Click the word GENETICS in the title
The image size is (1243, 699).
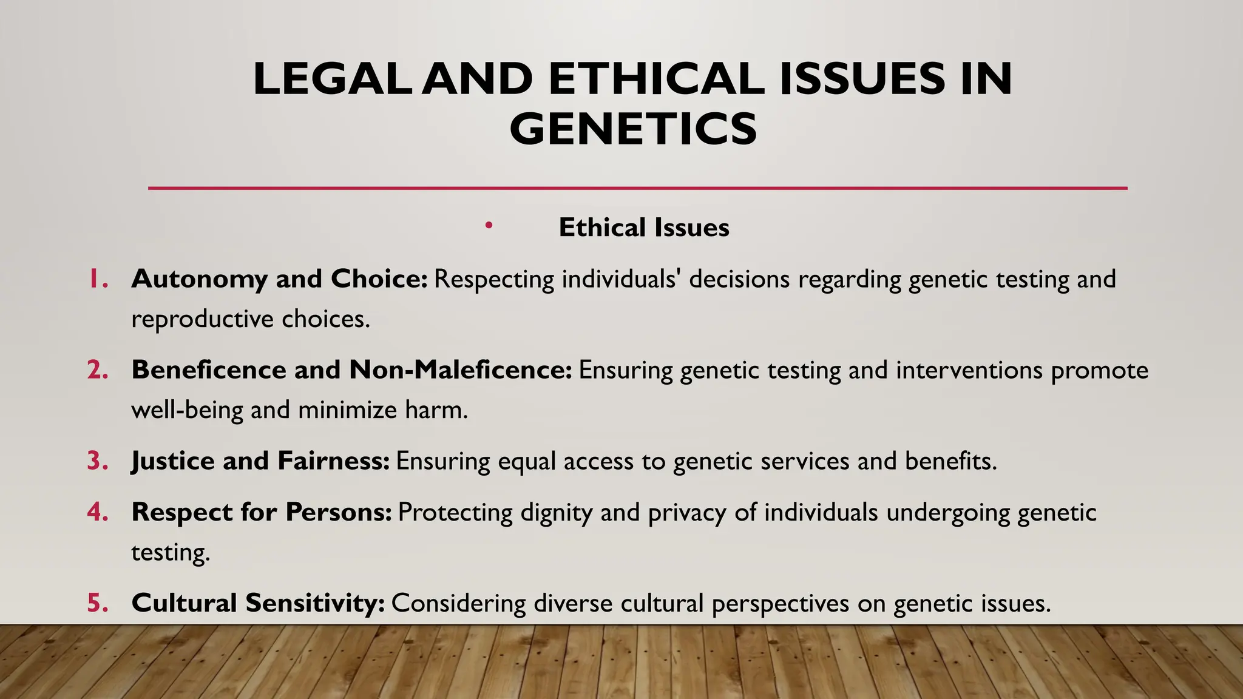click(633, 129)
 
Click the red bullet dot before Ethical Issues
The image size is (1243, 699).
click(489, 226)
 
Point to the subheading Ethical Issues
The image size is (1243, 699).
click(643, 228)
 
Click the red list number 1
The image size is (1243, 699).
click(97, 279)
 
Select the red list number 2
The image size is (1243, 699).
click(97, 370)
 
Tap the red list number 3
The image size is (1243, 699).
click(97, 461)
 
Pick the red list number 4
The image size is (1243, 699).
click(97, 512)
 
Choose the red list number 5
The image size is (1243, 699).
click(97, 603)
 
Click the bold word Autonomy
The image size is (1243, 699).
click(199, 279)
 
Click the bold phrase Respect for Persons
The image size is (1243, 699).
click(261, 512)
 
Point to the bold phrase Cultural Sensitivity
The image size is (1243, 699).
click(257, 603)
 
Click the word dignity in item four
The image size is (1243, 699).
click(556, 513)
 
